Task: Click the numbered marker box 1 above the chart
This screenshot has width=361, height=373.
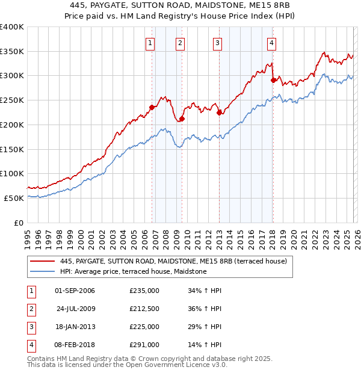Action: click(150, 42)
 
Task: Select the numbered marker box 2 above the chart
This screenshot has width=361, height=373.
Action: click(180, 42)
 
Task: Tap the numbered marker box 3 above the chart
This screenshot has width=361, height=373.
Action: click(217, 42)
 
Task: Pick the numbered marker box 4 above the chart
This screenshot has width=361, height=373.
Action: click(272, 42)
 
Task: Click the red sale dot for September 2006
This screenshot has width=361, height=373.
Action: click(152, 108)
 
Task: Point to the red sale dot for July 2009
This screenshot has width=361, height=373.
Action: click(182, 119)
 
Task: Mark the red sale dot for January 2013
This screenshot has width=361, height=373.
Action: click(219, 113)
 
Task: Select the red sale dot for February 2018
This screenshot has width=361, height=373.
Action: click(273, 80)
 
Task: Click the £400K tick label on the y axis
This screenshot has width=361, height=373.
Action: click(12, 27)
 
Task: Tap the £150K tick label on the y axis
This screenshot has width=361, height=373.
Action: click(12, 149)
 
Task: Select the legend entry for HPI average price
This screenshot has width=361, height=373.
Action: click(133, 272)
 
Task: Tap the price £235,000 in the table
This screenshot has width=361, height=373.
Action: click(144, 291)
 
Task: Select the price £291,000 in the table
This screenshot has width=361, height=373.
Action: click(144, 345)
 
